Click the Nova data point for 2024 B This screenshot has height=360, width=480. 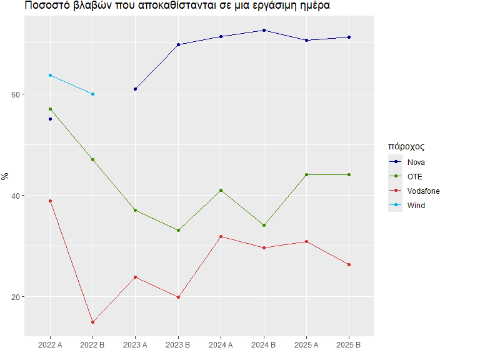[264, 30]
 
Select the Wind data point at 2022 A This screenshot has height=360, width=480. [50, 75]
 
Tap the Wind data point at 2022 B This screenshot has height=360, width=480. [92, 94]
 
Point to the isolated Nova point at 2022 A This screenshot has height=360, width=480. [50, 119]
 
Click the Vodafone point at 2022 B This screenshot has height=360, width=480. [92, 322]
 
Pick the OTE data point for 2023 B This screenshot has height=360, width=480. [179, 230]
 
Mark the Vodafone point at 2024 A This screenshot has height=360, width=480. [221, 237]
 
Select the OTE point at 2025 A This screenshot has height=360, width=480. [306, 175]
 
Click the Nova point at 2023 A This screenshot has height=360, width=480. [135, 89]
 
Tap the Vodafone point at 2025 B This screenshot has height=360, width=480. [349, 264]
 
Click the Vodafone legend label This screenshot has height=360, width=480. [423, 191]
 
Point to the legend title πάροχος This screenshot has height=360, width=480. [406, 147]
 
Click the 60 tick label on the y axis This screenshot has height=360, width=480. [16, 94]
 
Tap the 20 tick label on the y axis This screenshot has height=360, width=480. [16, 297]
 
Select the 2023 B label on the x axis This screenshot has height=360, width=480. [178, 345]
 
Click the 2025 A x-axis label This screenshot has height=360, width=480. [306, 345]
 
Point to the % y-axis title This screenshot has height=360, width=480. [5, 177]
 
